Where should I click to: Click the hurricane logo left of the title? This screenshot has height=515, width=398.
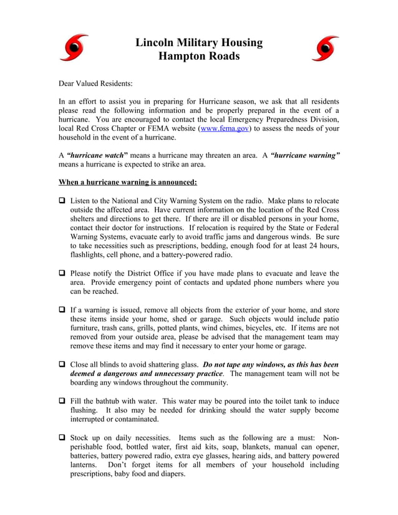73,49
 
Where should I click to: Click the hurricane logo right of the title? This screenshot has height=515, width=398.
325,49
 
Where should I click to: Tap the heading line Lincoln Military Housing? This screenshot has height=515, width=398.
199,42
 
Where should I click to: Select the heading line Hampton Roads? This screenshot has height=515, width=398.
199,57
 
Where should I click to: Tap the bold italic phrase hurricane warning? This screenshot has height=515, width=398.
306,154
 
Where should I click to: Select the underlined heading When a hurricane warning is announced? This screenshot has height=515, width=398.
127,182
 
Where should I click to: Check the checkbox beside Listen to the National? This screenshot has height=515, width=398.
62,202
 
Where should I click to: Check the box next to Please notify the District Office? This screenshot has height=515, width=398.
62,273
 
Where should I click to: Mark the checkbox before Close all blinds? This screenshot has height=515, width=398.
62,364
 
